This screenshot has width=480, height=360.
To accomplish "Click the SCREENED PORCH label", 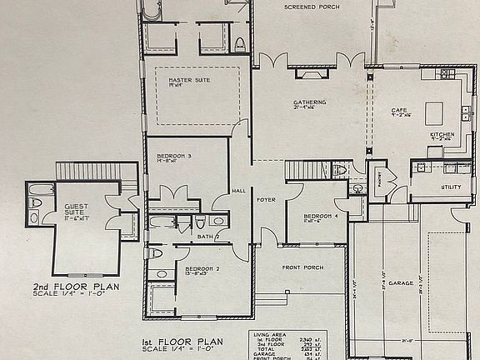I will click(x=312, y=7).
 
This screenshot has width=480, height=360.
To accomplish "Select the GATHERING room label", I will click(x=309, y=102).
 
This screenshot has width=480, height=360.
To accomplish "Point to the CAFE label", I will click(x=398, y=110).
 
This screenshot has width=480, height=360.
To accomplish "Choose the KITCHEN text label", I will click(x=442, y=134).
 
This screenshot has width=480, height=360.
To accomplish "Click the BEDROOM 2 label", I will click(x=200, y=268).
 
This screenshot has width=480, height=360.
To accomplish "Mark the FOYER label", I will click(x=266, y=200).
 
